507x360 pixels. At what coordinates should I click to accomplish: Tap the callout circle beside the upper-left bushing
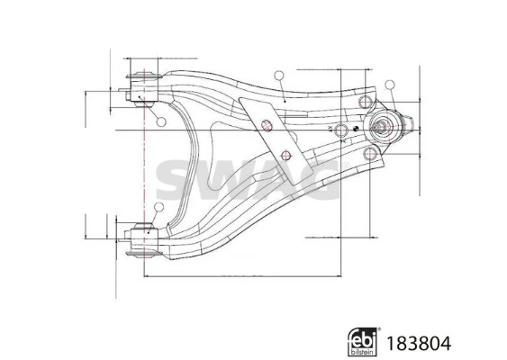click(x=159, y=121)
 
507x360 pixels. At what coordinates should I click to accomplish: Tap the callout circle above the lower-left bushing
click(x=158, y=208)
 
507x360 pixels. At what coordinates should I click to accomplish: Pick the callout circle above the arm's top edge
click(x=279, y=76)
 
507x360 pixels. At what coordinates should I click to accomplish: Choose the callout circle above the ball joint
click(x=389, y=85)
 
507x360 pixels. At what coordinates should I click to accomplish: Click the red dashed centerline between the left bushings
click(x=144, y=162)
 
